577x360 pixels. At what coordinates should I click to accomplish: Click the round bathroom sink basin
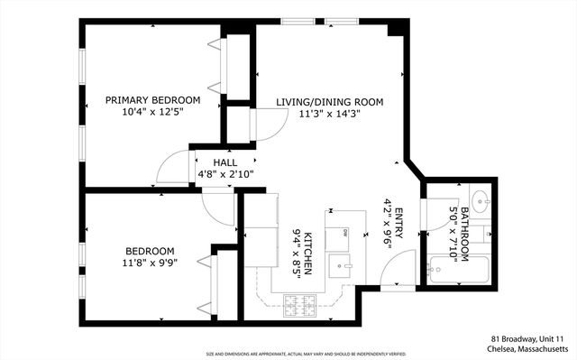tap(478, 199)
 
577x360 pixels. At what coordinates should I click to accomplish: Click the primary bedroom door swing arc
tap(171, 167)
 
